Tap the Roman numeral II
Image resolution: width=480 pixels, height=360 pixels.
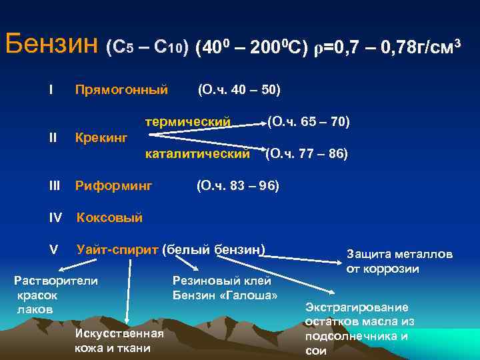tap(53, 137)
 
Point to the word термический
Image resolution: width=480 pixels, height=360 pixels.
tap(189, 122)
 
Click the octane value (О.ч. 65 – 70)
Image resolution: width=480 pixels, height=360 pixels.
tap(309, 122)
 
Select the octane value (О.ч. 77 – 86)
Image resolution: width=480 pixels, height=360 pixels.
tap(307, 153)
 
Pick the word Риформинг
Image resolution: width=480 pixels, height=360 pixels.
tap(114, 185)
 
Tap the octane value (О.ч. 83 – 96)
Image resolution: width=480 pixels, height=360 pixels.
tap(237, 185)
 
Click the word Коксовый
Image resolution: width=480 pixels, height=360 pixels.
tap(110, 217)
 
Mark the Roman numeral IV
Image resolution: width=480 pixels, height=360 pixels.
tap(55, 217)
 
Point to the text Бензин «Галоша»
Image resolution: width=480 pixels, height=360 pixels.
tap(225, 295)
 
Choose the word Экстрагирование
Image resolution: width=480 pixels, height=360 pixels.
tap(357, 307)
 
